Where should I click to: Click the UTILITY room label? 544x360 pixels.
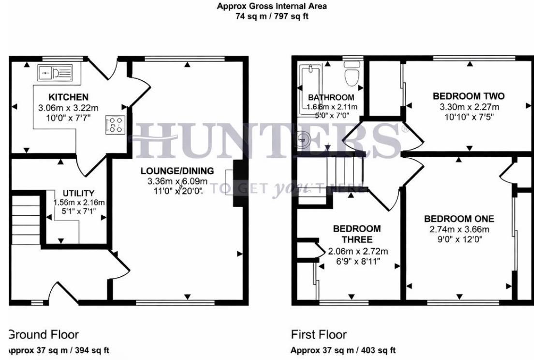click(x=78, y=193)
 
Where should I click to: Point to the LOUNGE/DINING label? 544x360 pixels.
click(x=177, y=171)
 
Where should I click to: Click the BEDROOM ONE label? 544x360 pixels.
click(x=459, y=218)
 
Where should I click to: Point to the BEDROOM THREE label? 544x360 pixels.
click(x=357, y=234)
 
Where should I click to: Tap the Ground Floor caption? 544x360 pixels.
click(x=44, y=334)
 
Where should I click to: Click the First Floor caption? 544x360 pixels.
click(x=319, y=334)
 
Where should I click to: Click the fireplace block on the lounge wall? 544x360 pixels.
click(x=238, y=184)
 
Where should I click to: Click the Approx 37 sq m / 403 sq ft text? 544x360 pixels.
click(x=343, y=350)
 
